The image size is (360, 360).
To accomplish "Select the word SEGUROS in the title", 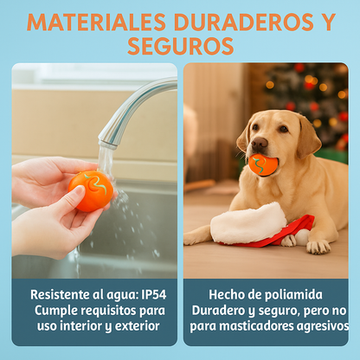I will click(180, 46).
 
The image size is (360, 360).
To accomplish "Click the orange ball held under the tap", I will click(91, 190).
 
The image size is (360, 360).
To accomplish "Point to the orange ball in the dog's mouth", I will click(264, 164).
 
